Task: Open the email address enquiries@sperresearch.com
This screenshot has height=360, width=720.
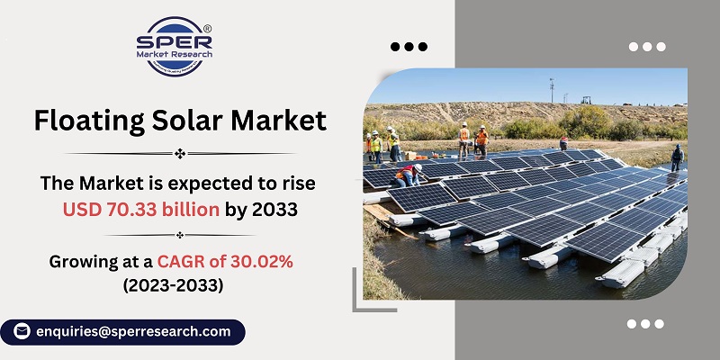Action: [132, 332]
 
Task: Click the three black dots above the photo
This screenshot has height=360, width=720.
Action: [409, 47]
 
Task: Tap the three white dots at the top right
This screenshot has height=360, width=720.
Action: [646, 47]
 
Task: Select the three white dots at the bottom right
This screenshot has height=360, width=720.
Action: [646, 324]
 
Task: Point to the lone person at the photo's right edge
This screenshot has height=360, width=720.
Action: [677, 157]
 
